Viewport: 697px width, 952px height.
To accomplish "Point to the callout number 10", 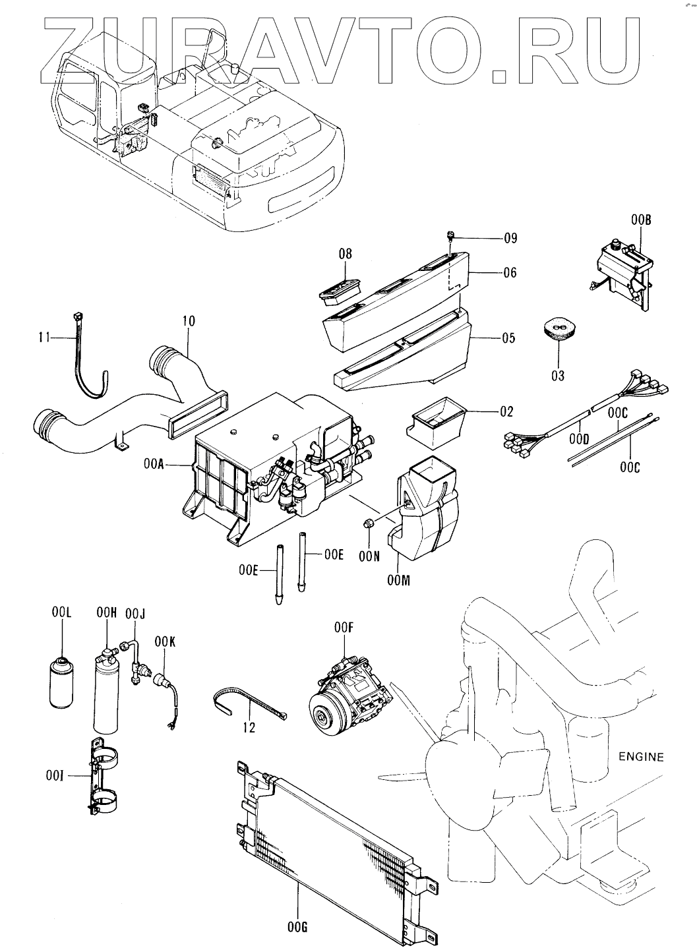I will coord(189,320).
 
